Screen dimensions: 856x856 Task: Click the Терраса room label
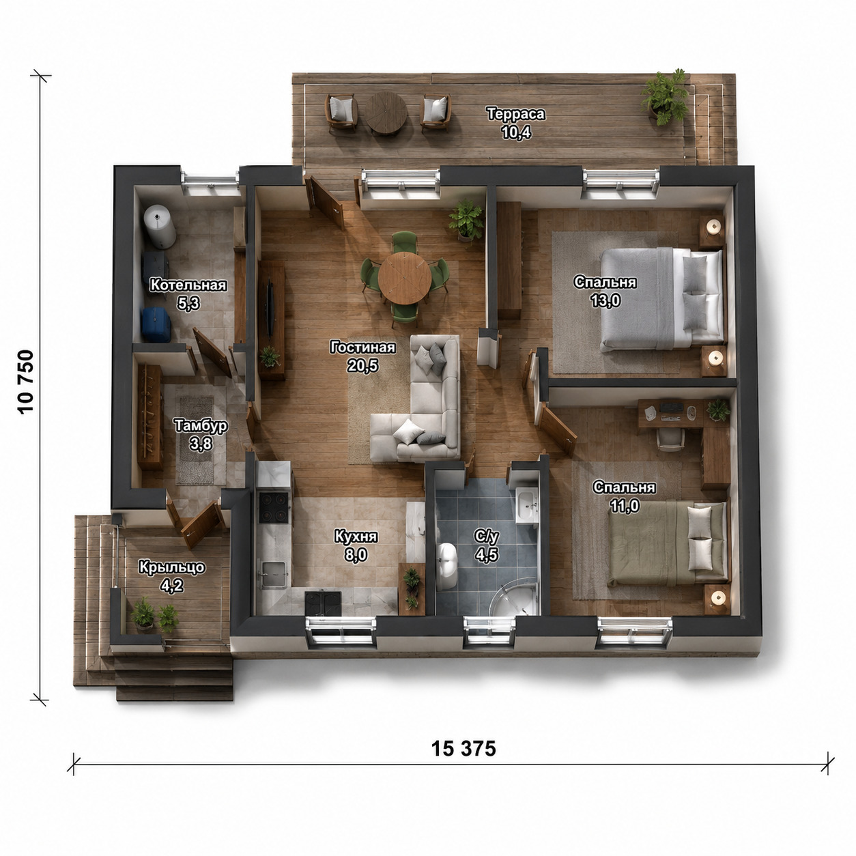[x=516, y=114]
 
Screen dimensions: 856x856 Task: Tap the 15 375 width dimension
[x=463, y=749]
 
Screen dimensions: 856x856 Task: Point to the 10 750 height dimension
[x=26, y=382]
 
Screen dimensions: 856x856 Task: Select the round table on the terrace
[x=386, y=113]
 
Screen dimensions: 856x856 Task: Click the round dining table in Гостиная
[x=404, y=278]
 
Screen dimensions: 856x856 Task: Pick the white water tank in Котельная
[x=160, y=226]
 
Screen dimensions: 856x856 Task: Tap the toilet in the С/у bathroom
[x=446, y=565]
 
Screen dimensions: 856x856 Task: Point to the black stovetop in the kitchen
[x=274, y=507]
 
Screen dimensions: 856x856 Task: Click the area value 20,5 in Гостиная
[x=362, y=366]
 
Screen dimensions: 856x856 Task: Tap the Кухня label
[x=356, y=537]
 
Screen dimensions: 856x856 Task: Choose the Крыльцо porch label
[x=172, y=567]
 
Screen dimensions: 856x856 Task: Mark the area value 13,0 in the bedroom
[x=605, y=301]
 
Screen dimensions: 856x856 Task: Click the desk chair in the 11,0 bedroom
[x=669, y=439]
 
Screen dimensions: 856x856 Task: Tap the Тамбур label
[x=201, y=425]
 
